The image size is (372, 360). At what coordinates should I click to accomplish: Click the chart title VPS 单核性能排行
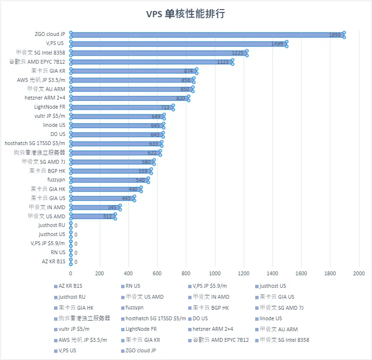pos(186,13)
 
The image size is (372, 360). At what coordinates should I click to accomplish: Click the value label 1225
pos(237,53)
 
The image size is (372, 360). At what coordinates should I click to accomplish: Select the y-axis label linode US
pos(54,125)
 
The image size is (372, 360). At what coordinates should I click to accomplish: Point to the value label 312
pos(108,216)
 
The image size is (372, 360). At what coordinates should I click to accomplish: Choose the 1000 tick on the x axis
pos(215,273)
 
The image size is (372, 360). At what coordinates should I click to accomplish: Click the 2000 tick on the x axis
pos(359,273)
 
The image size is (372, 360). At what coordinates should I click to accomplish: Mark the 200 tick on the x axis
pos(100,273)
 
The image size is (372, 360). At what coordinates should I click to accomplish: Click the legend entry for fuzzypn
pos(135,307)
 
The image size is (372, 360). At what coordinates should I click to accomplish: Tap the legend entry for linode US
pos(271,318)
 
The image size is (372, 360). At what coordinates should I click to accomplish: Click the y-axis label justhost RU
pos(52,225)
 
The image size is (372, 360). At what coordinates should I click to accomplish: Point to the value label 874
pos(188,71)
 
